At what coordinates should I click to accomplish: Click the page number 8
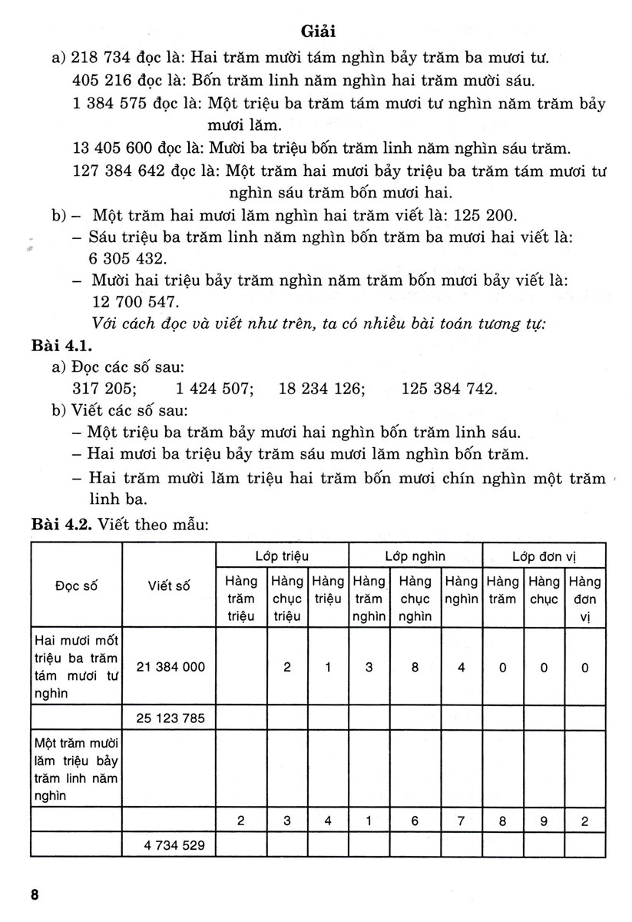point(35,895)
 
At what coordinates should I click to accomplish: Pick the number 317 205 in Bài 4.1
point(104,388)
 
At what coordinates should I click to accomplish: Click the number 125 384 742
point(449,388)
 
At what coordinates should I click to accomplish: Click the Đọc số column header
point(76,585)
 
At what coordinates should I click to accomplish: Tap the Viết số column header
point(168,585)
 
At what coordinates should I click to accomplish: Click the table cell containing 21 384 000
point(170,667)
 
